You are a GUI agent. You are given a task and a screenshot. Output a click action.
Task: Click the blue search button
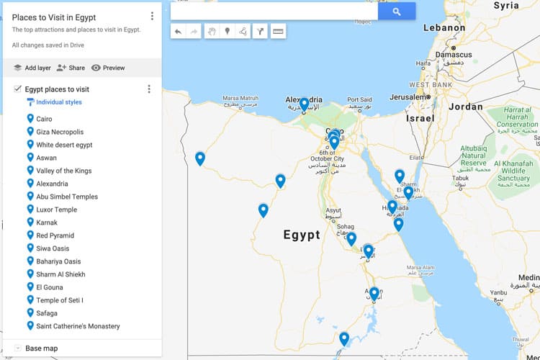tap(397, 12)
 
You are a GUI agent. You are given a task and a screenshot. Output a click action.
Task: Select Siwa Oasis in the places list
tap(53, 248)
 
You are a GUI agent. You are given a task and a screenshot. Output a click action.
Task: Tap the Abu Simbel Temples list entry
tap(66, 197)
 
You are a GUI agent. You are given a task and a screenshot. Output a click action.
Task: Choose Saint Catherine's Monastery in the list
tap(78, 326)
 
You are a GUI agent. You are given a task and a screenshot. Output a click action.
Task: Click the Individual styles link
tap(58, 102)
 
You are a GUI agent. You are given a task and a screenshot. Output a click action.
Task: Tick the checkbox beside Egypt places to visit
tap(18, 89)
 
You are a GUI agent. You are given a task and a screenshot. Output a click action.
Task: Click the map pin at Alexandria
tap(305, 104)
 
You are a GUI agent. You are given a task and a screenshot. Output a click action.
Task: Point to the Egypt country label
tap(301, 235)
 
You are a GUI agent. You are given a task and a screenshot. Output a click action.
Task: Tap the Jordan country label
tap(465, 107)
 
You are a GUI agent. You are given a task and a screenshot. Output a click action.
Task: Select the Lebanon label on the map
tap(444, 27)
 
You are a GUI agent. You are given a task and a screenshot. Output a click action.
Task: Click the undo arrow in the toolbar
tap(178, 31)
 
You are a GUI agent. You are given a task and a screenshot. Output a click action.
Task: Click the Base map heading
tap(41, 348)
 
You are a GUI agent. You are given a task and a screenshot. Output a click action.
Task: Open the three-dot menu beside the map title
tap(152, 16)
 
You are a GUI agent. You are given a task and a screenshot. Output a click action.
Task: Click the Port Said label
tap(359, 100)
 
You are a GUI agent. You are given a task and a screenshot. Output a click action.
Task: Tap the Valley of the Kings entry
tap(63, 171)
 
